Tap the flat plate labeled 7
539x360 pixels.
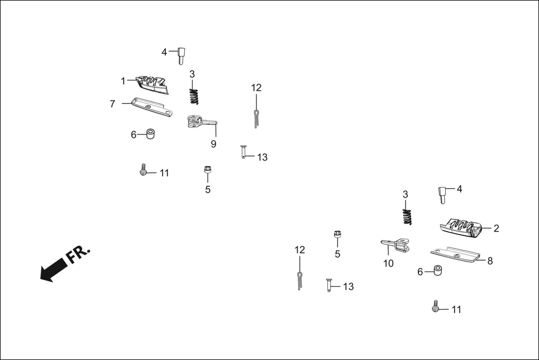(x=151, y=107)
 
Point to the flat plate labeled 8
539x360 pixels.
(x=455, y=255)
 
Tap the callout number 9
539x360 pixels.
(x=213, y=144)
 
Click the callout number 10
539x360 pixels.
(x=388, y=263)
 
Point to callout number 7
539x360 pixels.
(x=112, y=104)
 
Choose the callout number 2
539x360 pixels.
(x=496, y=228)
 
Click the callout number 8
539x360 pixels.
(x=490, y=261)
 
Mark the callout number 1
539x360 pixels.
(x=123, y=81)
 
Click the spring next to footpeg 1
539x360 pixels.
(x=194, y=95)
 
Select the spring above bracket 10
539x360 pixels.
(x=408, y=215)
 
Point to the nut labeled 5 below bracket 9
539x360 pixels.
(x=208, y=169)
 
